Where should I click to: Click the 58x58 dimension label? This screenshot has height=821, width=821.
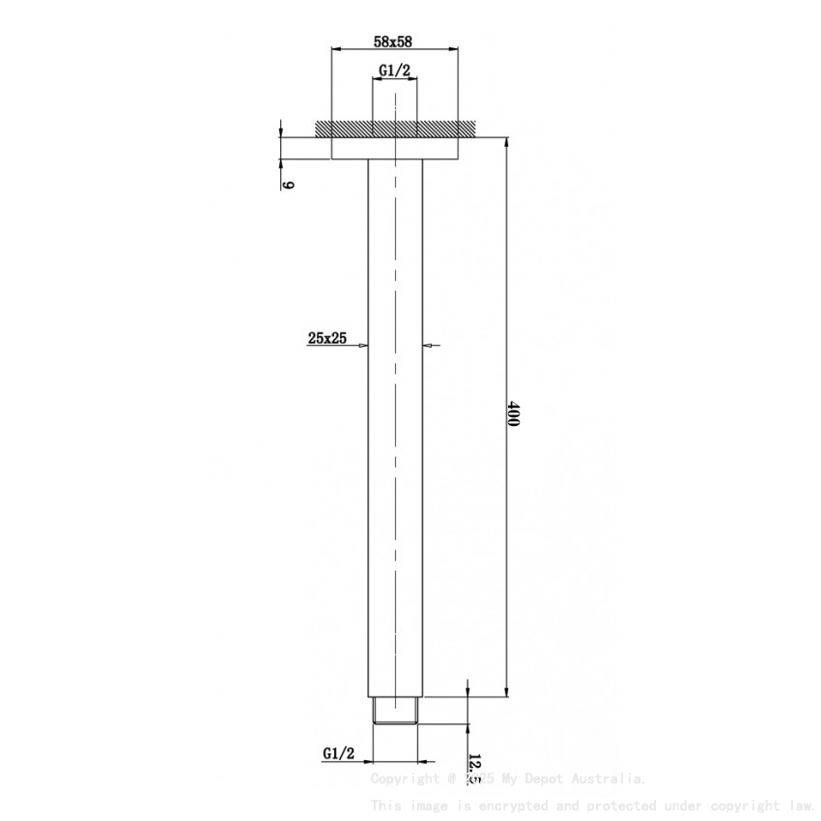(394, 42)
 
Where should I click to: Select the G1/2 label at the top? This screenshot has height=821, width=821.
(394, 71)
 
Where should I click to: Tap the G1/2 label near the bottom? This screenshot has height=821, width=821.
(339, 752)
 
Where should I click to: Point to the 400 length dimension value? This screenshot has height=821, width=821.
(513, 416)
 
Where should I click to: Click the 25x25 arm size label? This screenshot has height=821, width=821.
(327, 337)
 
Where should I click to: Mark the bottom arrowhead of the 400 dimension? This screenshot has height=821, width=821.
(505, 692)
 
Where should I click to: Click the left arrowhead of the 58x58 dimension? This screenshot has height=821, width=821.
(336, 48)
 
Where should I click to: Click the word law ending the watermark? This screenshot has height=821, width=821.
(801, 805)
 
